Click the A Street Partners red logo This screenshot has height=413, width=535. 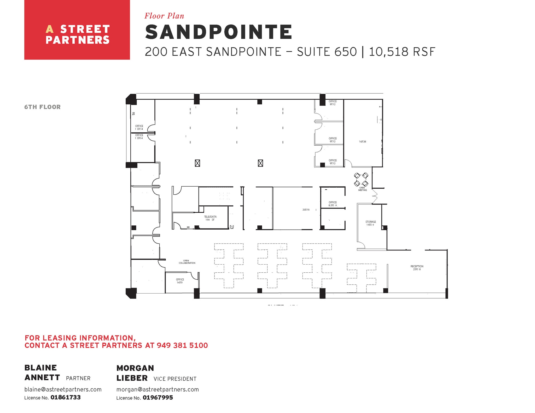77,30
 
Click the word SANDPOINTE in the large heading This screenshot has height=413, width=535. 218,32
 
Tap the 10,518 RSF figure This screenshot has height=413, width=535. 402,52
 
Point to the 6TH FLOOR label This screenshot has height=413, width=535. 42,107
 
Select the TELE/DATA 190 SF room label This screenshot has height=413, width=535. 210,218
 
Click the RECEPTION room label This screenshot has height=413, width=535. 417,268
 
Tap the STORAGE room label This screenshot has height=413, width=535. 370,223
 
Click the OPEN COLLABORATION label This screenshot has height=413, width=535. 187,262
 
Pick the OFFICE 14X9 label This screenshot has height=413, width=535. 180,281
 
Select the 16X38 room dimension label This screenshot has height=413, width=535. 362,142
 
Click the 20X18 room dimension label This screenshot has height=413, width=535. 306,210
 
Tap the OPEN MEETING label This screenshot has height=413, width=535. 362,189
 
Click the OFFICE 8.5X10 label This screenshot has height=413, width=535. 333,204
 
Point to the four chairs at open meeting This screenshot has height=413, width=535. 361,179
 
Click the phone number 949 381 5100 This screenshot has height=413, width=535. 182,345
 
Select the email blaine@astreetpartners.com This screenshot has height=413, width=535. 63,390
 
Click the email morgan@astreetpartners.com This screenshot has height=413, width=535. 158,390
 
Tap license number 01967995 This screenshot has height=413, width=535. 158,398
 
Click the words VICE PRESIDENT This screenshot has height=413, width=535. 175,379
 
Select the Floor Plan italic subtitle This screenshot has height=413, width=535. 164,16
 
